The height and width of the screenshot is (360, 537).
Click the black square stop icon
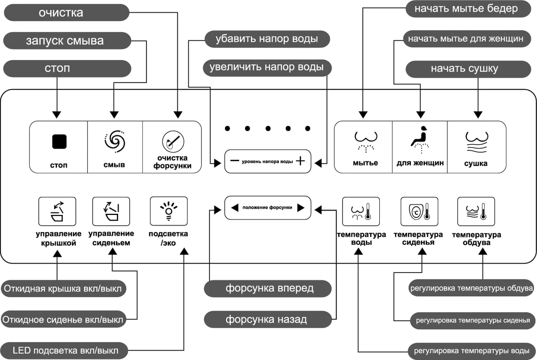tap(59, 142)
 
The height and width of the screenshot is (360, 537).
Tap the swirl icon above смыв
tap(115, 141)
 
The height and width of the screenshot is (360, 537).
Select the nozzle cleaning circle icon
tap(173, 142)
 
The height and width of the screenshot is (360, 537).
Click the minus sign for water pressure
tap(234, 160)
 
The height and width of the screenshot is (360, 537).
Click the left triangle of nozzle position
tap(235, 208)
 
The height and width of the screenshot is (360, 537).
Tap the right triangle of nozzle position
tap(301, 208)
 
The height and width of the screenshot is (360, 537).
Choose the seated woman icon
tap(420, 139)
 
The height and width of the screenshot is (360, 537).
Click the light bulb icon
tap(169, 211)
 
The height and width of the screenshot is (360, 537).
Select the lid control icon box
tap(57, 211)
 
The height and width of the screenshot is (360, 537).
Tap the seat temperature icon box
tap(419, 211)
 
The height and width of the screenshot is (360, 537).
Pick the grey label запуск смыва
tap(67, 41)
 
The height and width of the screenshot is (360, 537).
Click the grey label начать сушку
tap(468, 69)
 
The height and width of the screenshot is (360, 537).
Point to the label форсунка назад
tap(268, 319)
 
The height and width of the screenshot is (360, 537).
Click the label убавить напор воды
tap(267, 39)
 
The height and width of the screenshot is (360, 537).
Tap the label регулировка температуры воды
tap(472, 351)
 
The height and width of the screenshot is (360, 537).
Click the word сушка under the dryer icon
tap(476, 163)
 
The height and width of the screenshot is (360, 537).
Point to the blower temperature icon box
tap(476, 211)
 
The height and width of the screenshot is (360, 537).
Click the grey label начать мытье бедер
tap(468, 8)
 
